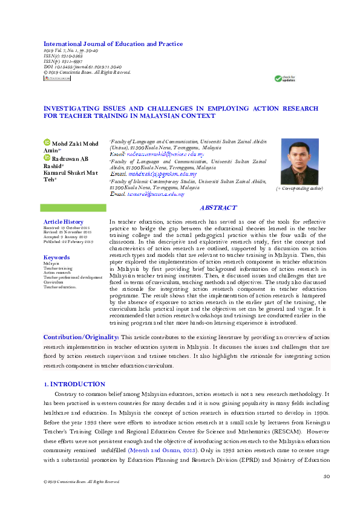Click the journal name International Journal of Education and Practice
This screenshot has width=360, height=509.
pos(113,44)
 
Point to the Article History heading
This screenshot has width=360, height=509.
pos(64,222)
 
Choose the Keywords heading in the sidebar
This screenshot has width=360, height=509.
pos(57,258)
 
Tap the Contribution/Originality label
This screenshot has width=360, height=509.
pos(80,337)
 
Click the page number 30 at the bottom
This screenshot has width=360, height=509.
pos(326,476)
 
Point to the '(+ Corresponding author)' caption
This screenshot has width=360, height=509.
pos(299,189)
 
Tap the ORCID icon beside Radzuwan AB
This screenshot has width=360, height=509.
pos(48,158)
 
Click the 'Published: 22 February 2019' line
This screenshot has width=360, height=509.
pos(68,242)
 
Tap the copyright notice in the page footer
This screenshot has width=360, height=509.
pos(77,482)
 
